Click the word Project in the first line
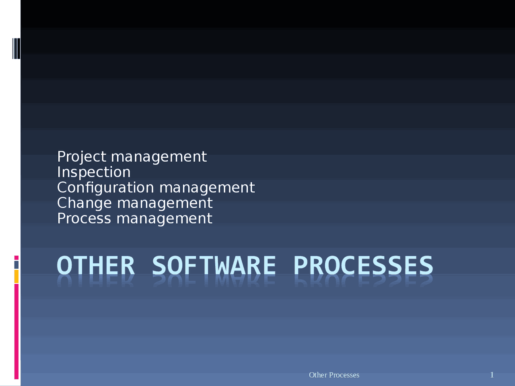[82, 157]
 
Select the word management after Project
[159, 157]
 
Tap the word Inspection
[94, 172]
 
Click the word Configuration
[105, 188]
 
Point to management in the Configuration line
[207, 188]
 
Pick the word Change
[84, 203]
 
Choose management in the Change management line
[165, 203]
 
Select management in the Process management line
[164, 218]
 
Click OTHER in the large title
[96, 266]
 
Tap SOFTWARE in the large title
[214, 266]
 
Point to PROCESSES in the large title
[363, 266]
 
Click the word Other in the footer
[318, 375]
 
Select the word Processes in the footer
[344, 375]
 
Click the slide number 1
[492, 375]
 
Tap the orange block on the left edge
[16, 276]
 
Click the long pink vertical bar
[16, 331]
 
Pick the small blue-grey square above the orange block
[16, 265]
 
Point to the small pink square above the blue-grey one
[16, 258]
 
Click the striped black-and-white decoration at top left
[16, 48]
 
